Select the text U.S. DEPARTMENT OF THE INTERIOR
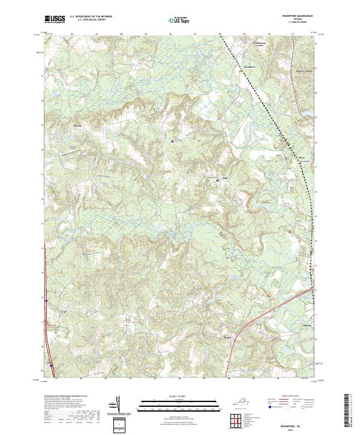[91, 17]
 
